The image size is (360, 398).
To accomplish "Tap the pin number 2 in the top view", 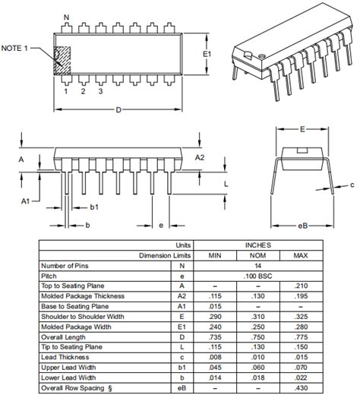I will point(83,92).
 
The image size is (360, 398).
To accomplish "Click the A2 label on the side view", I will point(199,157).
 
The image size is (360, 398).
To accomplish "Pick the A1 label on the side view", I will point(25,201).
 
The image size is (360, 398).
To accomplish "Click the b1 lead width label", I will point(94,207).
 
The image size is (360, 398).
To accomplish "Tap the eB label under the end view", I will point(304,226).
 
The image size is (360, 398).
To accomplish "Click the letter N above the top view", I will point(66,17).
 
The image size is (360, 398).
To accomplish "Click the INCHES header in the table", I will point(258,245).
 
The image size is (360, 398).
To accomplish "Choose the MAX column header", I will point(301,255).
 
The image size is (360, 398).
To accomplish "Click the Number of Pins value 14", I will point(258,265).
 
